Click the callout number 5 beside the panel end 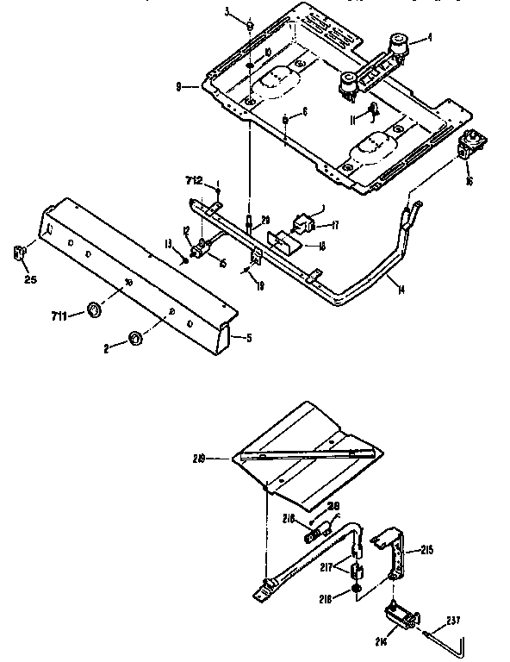(249, 338)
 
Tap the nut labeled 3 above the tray (249, 25)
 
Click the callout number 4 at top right (432, 37)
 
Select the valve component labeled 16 (471, 146)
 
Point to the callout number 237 (453, 619)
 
